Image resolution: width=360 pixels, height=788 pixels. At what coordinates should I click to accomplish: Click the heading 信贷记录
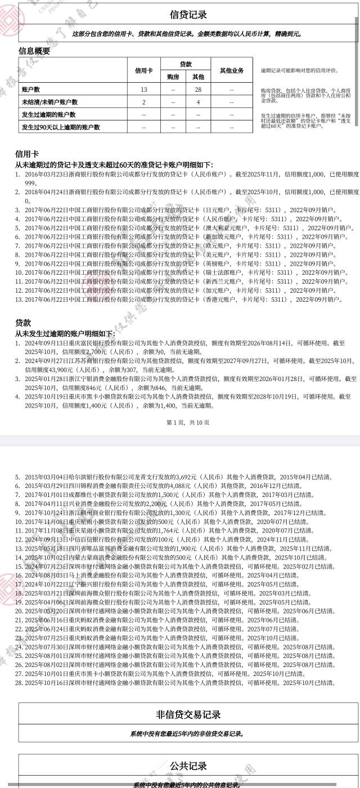188,15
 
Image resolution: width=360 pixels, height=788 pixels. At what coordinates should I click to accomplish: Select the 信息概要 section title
34,51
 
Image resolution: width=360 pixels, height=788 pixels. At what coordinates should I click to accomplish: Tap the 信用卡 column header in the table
144,70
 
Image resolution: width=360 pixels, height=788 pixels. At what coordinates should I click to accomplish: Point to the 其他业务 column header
232,70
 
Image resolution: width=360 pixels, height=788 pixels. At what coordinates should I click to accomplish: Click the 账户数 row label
31,89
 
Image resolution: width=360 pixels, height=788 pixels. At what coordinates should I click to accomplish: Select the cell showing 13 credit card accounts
144,89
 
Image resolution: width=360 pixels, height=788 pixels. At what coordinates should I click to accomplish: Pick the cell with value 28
198,89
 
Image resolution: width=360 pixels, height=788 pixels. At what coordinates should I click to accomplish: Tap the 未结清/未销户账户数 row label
49,102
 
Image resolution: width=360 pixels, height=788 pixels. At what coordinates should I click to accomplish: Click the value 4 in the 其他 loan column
198,102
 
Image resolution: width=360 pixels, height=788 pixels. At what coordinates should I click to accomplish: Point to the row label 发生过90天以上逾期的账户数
61,127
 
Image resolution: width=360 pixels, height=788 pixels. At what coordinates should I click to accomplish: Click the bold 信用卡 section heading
27,154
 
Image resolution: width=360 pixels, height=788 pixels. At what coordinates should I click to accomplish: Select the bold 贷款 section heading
23,323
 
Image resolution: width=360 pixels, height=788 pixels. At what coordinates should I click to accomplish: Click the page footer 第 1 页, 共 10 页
188,422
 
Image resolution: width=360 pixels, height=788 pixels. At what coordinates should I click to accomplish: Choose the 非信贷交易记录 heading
188,715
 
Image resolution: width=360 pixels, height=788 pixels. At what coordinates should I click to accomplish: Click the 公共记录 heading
188,766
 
